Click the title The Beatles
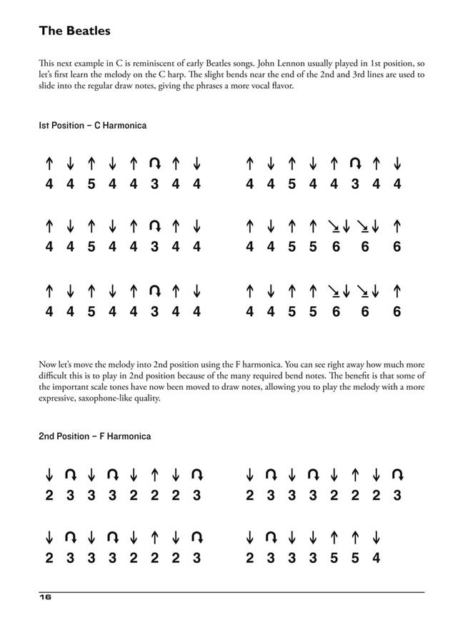point(74,31)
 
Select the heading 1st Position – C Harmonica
point(92,126)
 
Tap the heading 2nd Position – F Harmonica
point(94,436)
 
